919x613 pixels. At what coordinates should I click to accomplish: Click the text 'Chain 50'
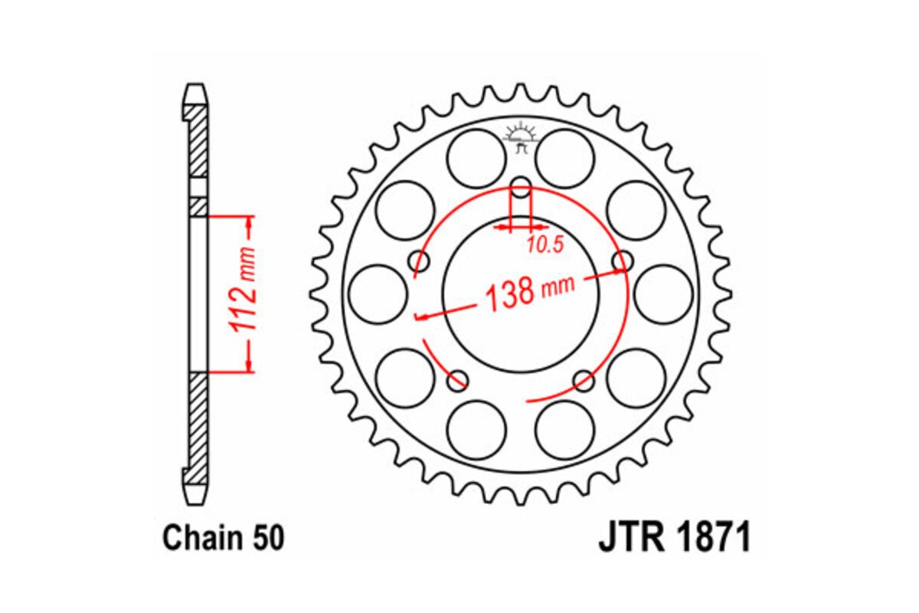tap(223, 538)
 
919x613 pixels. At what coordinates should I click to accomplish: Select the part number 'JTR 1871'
tap(674, 538)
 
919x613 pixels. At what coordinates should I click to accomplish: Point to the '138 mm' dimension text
tap(529, 293)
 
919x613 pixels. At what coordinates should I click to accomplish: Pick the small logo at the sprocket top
tap(521, 138)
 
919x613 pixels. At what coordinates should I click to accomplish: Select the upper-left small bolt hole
tap(420, 260)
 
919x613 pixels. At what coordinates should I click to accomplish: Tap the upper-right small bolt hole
tap(622, 260)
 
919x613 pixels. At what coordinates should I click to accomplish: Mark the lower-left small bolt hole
tap(458, 379)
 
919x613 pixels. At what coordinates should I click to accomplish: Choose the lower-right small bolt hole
tap(584, 379)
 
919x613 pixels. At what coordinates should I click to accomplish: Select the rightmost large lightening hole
tap(663, 293)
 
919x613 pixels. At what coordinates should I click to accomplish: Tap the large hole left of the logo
tap(476, 159)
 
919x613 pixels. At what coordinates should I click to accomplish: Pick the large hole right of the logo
tap(565, 159)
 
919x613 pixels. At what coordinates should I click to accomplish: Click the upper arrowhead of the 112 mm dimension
tap(248, 224)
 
